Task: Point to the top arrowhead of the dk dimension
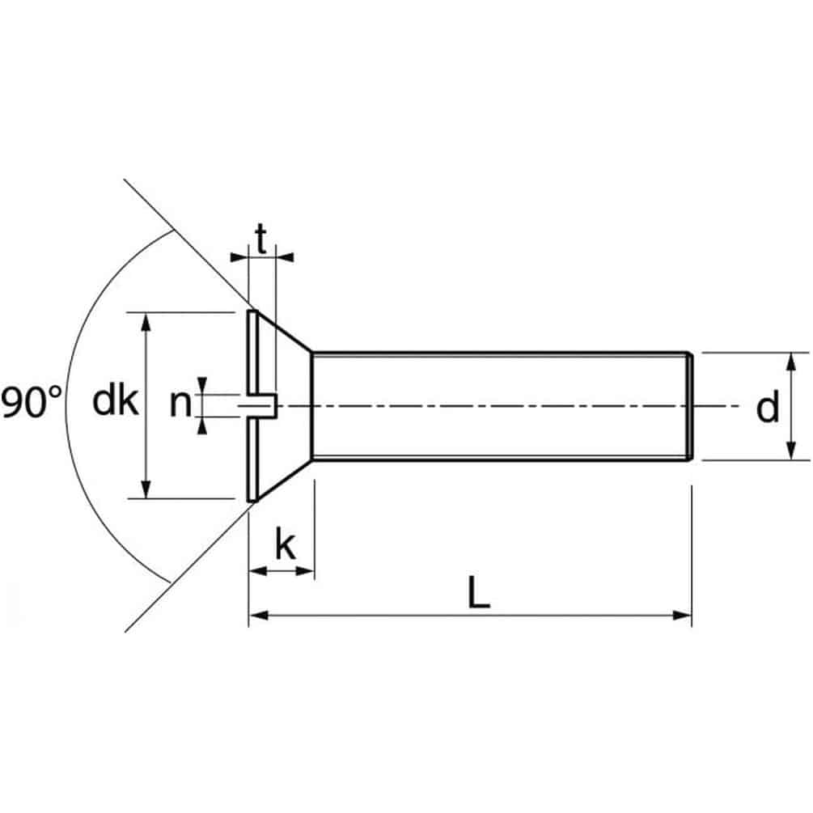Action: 146,320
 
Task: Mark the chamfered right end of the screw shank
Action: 688,406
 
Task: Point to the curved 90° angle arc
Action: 68,404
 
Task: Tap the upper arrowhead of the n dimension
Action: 201,387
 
